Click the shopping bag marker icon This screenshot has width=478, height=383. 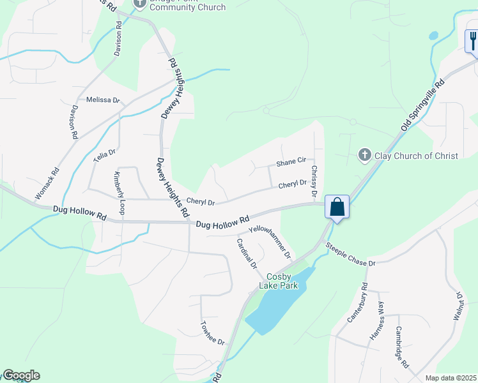(x=337, y=207)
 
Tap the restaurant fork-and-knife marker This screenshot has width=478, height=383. (x=472, y=41)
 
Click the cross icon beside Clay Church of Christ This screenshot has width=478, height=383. (x=364, y=155)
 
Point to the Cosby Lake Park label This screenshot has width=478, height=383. (x=279, y=281)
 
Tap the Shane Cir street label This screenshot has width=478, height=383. (x=291, y=163)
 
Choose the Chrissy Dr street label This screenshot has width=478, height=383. (x=314, y=181)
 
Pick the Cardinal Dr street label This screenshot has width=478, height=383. (x=246, y=253)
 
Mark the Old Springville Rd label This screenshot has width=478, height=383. (x=422, y=106)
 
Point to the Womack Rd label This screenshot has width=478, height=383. (x=47, y=181)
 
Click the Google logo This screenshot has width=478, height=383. (x=21, y=375)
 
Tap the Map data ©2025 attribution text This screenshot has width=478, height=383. (x=451, y=378)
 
